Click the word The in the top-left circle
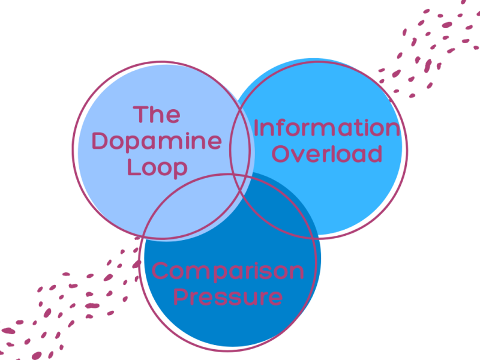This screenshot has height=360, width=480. [157, 115]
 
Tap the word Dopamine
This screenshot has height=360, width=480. [157, 142]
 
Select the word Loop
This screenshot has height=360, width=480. [157, 167]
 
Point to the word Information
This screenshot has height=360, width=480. [326, 128]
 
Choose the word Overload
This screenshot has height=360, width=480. [327, 154]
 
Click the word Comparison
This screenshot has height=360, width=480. [228, 271]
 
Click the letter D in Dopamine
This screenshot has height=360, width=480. [100, 142]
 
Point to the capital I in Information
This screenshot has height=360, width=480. [256, 128]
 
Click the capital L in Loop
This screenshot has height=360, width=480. [131, 167]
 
